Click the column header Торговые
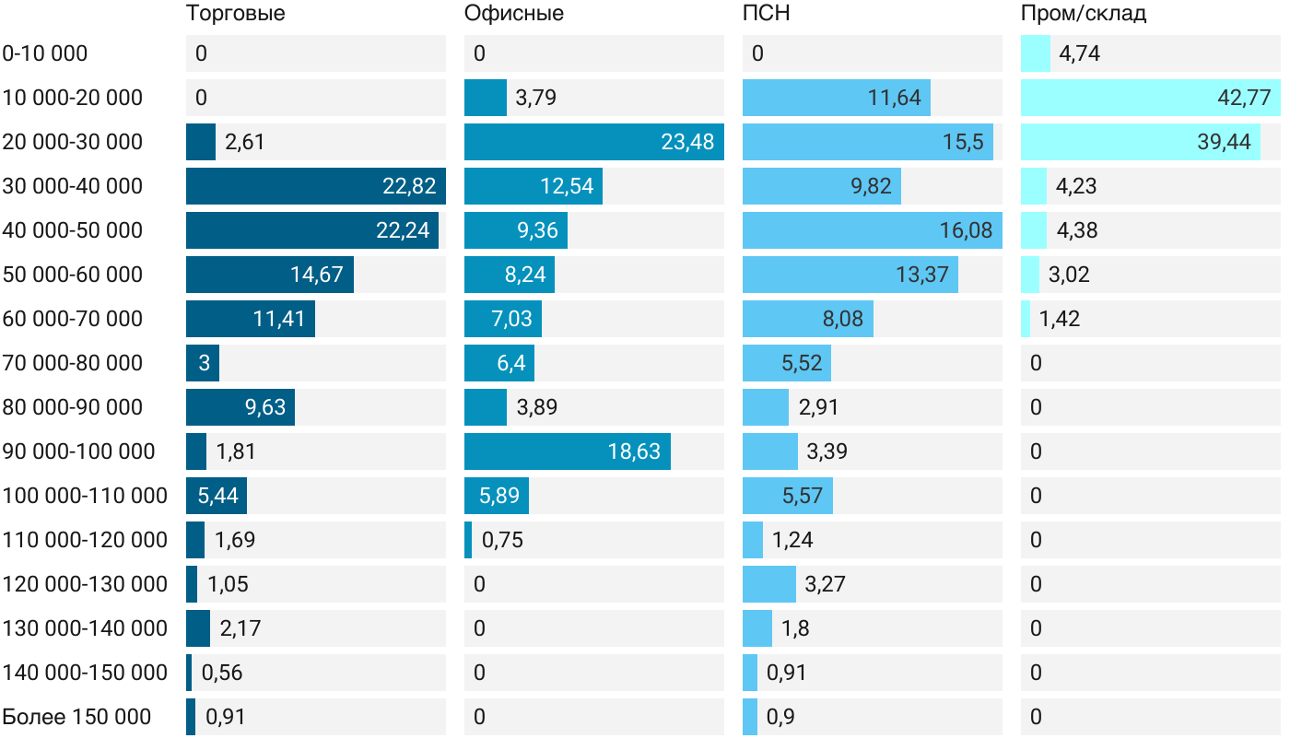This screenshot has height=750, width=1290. [x=235, y=13]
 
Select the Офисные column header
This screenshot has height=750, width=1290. [x=514, y=13]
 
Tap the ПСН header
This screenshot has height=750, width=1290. [x=767, y=13]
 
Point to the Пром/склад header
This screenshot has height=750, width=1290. [x=1084, y=13]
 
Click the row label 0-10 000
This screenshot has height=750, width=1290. [x=45, y=53]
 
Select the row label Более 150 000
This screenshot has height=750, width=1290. [x=76, y=717]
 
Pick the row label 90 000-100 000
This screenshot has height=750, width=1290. [x=78, y=451]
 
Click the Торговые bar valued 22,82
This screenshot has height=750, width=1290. [x=315, y=186]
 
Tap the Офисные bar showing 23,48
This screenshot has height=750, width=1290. [x=593, y=142]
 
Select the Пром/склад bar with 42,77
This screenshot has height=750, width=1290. [x=1150, y=98]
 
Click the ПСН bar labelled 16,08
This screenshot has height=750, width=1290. [x=872, y=230]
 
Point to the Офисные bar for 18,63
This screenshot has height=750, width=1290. [x=567, y=451]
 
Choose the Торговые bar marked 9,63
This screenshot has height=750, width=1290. [x=240, y=407]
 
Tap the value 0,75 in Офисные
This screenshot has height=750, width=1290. [x=502, y=540]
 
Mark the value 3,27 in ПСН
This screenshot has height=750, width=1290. [x=825, y=584]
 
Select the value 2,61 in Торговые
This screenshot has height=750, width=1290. [x=244, y=142]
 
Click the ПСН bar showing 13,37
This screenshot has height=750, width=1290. [x=850, y=275]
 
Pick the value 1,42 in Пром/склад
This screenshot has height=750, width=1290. [x=1060, y=319]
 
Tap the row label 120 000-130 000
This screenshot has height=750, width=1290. [x=85, y=584]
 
